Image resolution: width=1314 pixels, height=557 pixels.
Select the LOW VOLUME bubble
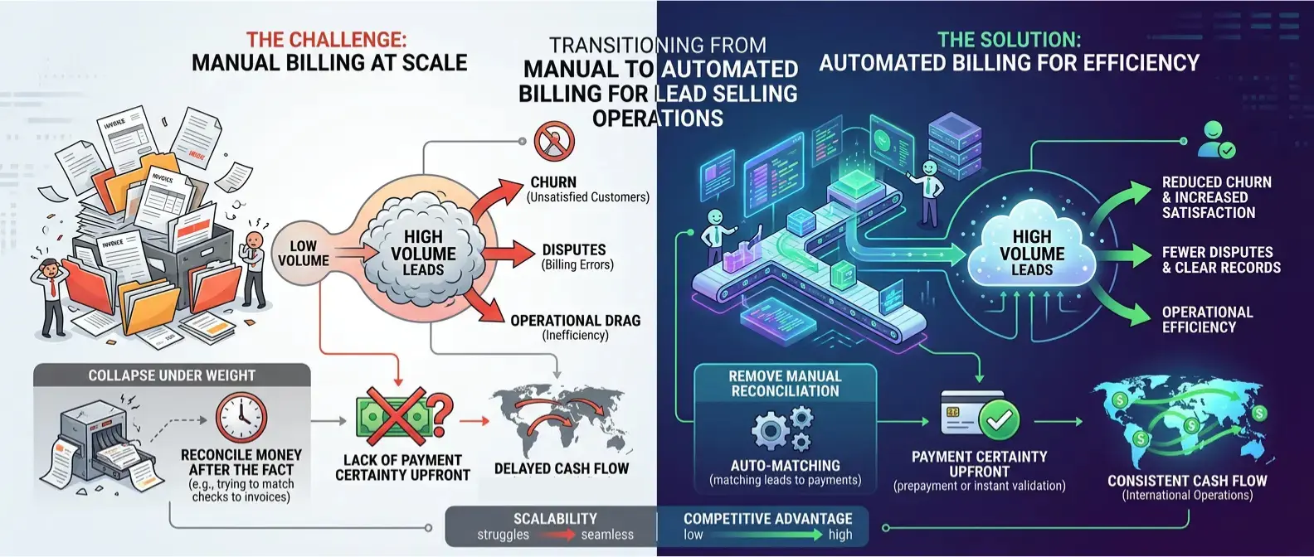(x=303, y=253)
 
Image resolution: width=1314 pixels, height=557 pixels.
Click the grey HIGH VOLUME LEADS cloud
(x=423, y=252)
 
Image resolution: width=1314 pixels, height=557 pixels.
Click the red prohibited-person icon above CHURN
(x=555, y=141)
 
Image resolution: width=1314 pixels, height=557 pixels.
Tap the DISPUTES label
(x=574, y=250)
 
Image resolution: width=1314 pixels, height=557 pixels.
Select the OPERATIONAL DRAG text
(x=575, y=321)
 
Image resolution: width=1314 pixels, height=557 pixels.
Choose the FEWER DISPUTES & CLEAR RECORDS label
(x=1220, y=259)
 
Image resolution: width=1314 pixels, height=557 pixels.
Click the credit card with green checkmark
(x=979, y=414)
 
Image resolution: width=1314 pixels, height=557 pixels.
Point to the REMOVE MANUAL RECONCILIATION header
(x=785, y=384)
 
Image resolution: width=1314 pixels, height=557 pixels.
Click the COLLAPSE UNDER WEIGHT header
(x=172, y=375)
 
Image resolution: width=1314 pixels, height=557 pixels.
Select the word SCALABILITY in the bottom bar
(x=555, y=519)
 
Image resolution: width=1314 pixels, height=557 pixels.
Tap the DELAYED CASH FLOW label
(x=561, y=469)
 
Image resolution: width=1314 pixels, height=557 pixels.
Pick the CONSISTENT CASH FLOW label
(x=1187, y=481)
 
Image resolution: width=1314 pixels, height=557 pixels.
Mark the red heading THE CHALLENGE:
(x=326, y=40)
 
